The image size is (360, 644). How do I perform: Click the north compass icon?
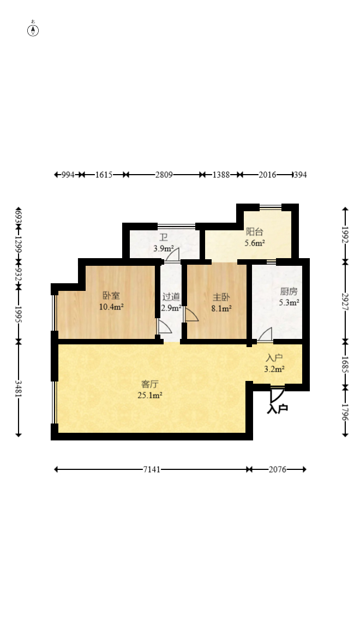(33, 30)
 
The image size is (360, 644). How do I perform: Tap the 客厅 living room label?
(150, 384)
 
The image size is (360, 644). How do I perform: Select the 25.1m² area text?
(150, 396)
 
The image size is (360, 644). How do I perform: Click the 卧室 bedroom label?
(111, 295)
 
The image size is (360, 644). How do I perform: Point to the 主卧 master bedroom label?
(221, 297)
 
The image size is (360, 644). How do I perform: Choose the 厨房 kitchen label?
(289, 291)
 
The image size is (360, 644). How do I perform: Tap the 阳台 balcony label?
(255, 231)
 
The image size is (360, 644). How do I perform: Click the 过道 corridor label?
(171, 296)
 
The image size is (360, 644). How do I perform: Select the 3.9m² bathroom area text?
(164, 248)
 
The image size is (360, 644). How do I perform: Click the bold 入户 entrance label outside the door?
(278, 409)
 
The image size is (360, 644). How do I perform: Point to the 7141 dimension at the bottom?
(152, 469)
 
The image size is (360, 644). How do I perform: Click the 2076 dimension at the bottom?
(278, 469)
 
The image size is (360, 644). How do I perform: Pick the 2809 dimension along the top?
(164, 175)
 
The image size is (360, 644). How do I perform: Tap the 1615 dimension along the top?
(104, 175)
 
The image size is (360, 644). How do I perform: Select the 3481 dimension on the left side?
(19, 388)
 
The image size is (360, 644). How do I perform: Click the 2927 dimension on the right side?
(345, 302)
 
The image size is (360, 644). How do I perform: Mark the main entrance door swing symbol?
(277, 395)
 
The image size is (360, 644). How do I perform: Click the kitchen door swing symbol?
(265, 335)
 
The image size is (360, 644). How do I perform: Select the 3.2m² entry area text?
(274, 369)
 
